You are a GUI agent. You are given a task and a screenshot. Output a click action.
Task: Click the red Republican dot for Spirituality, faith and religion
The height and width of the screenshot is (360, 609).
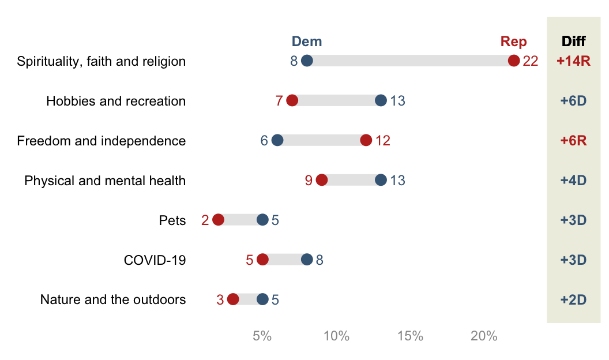[514, 61]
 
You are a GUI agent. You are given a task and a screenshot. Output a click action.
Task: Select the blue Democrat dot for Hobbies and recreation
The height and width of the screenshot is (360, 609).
[381, 101]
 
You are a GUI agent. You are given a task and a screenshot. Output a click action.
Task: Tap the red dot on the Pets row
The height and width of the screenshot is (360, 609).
[218, 220]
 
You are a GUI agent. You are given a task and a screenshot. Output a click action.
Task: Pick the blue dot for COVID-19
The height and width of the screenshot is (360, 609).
[307, 260]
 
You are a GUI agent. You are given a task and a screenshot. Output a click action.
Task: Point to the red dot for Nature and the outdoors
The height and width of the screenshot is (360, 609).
[233, 299]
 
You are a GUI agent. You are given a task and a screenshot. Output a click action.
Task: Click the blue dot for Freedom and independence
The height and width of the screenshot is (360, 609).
[277, 141]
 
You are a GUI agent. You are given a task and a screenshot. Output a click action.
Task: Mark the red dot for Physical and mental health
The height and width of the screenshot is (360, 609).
[322, 180]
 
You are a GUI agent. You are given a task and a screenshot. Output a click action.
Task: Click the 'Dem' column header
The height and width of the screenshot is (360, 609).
[307, 42]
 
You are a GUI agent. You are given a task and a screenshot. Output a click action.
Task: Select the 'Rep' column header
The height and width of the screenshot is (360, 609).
[513, 42]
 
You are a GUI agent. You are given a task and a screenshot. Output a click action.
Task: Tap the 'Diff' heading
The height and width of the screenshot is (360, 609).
[573, 42]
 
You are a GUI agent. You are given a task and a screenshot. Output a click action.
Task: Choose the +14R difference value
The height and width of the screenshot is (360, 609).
[573, 61]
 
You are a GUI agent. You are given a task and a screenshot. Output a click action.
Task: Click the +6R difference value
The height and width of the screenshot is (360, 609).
[573, 141]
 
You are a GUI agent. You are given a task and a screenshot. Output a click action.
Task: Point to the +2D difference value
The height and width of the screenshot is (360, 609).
[573, 299]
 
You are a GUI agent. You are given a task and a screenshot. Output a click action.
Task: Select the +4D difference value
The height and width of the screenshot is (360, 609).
[573, 180]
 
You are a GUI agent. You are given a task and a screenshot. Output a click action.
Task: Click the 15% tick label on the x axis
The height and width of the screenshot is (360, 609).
[411, 336]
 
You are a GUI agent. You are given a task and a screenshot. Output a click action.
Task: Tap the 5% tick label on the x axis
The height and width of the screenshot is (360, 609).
[262, 336]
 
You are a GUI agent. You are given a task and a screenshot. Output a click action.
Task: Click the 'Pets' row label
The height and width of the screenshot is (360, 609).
[172, 220]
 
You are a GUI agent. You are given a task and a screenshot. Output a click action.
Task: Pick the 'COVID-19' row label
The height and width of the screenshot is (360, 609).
[155, 260]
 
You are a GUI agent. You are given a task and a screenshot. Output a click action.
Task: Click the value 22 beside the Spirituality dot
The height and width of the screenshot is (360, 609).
[530, 61]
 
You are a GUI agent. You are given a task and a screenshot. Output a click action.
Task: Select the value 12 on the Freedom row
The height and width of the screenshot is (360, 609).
[383, 141]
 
